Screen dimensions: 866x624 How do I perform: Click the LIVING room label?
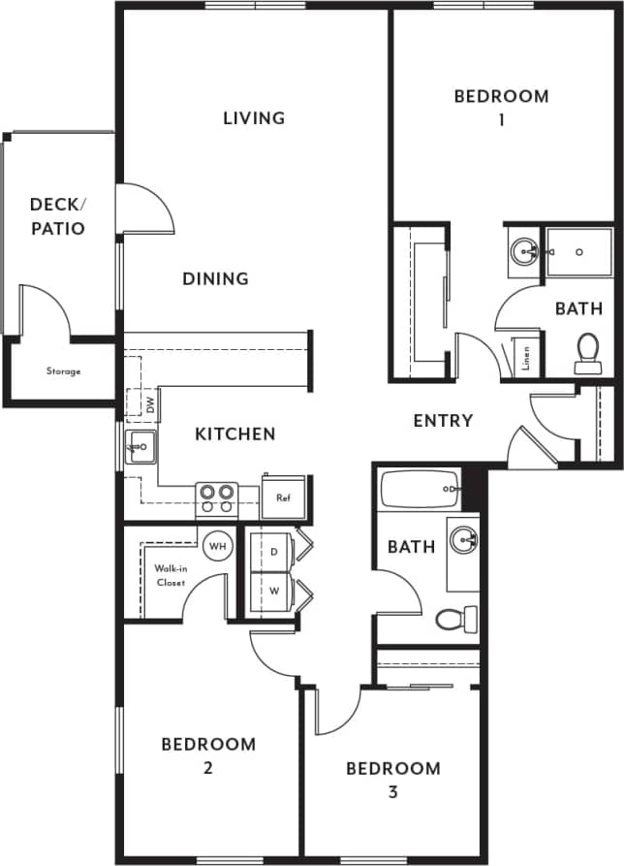coord(254,118)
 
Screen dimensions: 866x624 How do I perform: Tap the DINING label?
coord(216,279)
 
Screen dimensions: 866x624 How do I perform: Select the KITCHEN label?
coord(235,434)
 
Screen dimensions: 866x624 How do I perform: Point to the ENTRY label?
coord(443,421)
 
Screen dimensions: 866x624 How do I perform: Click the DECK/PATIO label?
coord(57,216)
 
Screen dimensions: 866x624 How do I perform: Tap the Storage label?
coord(63,371)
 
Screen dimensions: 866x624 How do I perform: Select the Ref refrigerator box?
coord(284,497)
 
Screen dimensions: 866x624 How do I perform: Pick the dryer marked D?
coord(274,551)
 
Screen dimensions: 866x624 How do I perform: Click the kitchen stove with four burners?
coord(216,498)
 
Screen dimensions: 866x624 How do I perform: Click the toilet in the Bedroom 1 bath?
coord(588,352)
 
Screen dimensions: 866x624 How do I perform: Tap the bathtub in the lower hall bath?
coord(420,489)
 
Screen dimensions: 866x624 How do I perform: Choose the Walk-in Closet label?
coord(171,576)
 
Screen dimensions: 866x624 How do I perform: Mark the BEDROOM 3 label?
coord(393,780)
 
